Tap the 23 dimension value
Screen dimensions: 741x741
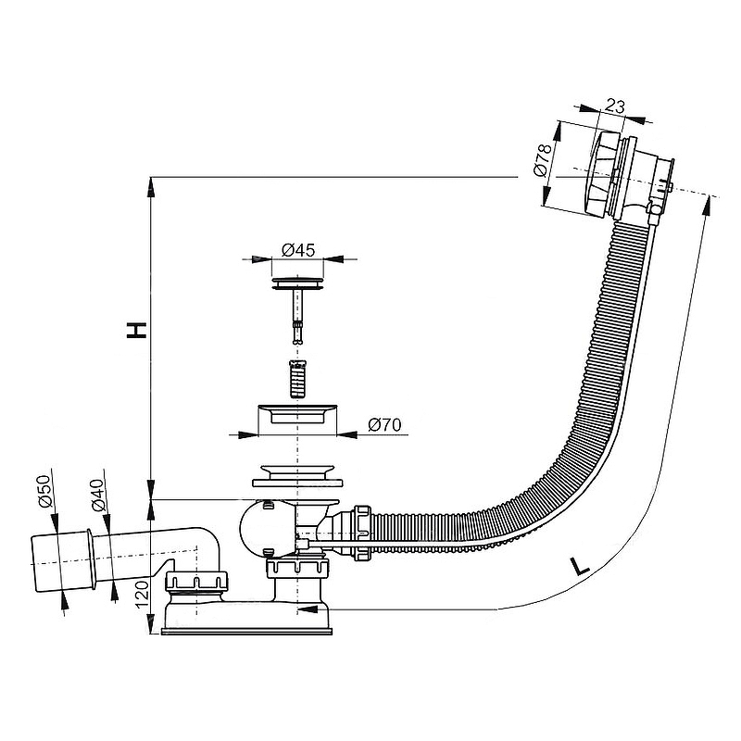613,107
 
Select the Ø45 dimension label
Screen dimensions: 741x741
297,249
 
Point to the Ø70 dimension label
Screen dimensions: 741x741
383,425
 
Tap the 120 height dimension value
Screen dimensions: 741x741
141,593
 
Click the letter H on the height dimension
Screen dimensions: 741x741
136,331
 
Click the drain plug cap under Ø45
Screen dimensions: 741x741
299,279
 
